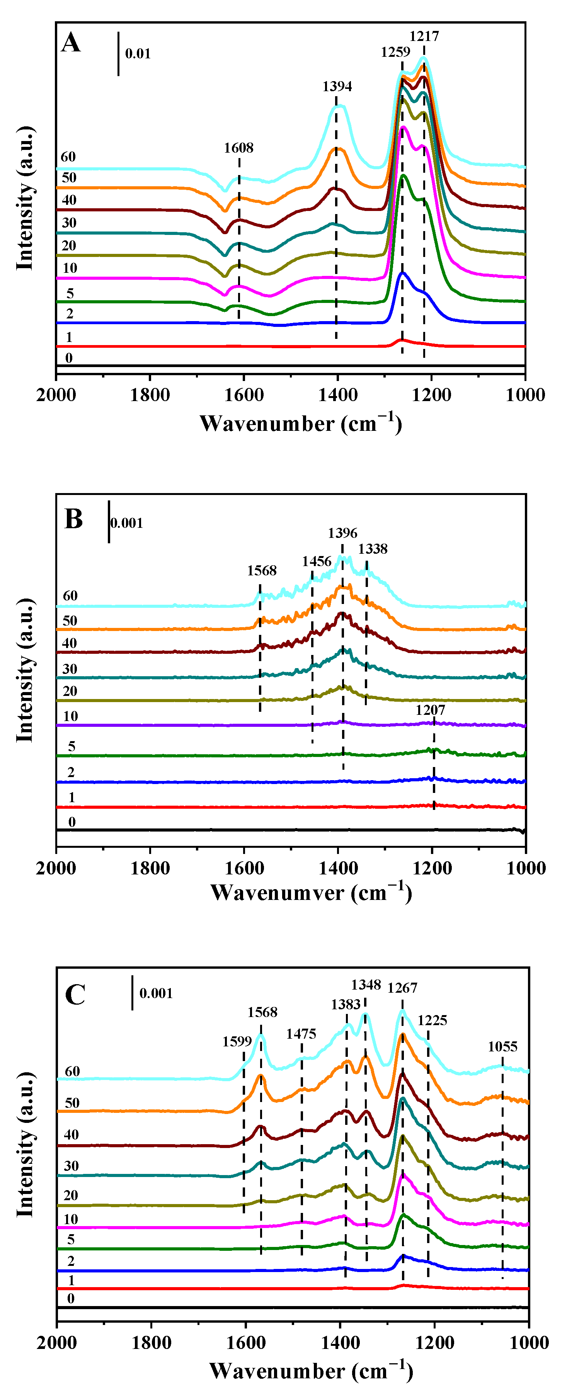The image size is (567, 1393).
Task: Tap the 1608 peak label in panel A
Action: pyautogui.click(x=238, y=148)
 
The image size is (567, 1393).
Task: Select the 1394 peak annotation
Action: pyautogui.click(x=337, y=87)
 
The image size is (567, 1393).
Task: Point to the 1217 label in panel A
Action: pyautogui.click(x=424, y=36)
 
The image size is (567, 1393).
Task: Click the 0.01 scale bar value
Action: pyautogui.click(x=138, y=54)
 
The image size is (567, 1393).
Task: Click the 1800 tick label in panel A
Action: pyautogui.click(x=150, y=395)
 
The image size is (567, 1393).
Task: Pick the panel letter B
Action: pyautogui.click(x=73, y=519)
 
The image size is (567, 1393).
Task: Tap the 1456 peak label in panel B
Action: pyautogui.click(x=317, y=561)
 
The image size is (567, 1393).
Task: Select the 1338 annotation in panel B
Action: pyautogui.click(x=373, y=549)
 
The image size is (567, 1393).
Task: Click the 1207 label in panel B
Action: pyautogui.click(x=430, y=710)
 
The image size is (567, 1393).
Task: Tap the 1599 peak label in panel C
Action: pyautogui.click(x=237, y=1041)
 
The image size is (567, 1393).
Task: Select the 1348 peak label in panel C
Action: pyautogui.click(x=366, y=985)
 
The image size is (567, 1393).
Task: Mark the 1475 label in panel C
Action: pyautogui.click(x=301, y=1034)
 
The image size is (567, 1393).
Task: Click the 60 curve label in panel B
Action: pyautogui.click(x=70, y=596)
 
